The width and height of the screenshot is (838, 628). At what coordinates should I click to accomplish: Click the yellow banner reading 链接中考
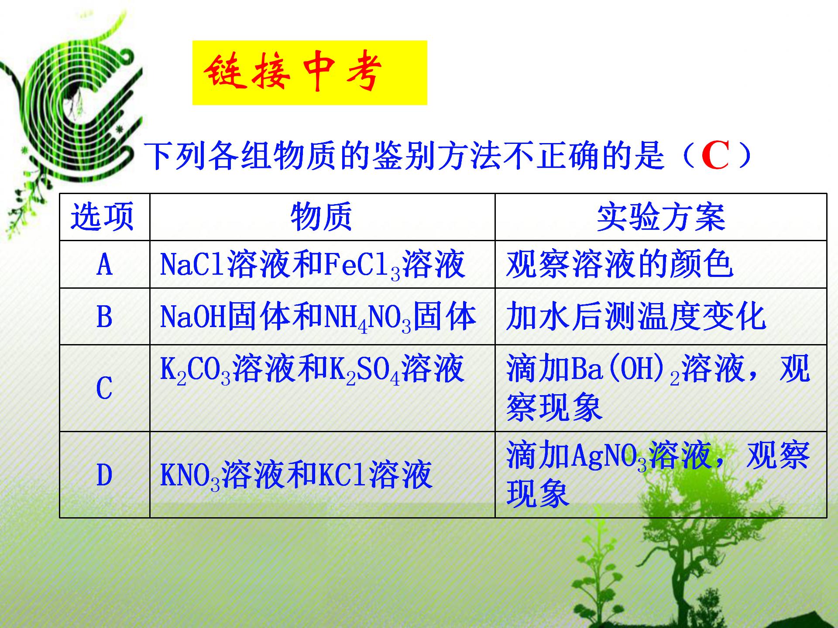pos(309,73)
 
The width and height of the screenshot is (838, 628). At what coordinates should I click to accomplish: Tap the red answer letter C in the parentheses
pos(715,157)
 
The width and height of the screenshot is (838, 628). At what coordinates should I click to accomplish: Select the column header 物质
pos(321,217)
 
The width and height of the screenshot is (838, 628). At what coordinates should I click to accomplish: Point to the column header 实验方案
pos(660,217)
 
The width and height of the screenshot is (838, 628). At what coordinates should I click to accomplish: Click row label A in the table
pos(104,265)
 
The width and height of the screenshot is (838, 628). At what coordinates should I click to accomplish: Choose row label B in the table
pos(104,317)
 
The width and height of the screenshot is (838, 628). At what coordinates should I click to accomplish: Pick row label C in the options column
pos(104,388)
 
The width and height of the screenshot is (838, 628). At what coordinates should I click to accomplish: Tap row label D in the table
pos(104,475)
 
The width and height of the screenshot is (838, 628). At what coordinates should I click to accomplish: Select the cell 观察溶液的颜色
pos(620,265)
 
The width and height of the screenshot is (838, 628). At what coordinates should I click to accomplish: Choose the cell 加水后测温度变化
pos(636,317)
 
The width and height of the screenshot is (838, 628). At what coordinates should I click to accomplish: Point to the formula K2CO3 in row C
pos(195,370)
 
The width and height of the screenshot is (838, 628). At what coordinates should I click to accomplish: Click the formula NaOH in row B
pos(192,317)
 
